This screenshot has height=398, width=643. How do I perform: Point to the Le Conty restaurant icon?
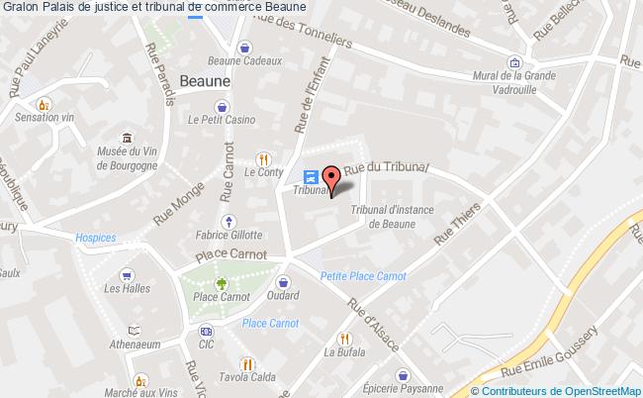click(x=263, y=156)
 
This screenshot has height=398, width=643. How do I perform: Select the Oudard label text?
click(x=283, y=295)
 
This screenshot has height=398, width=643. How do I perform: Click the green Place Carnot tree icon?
click(x=220, y=280)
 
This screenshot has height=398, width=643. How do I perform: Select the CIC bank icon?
click(x=205, y=331)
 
